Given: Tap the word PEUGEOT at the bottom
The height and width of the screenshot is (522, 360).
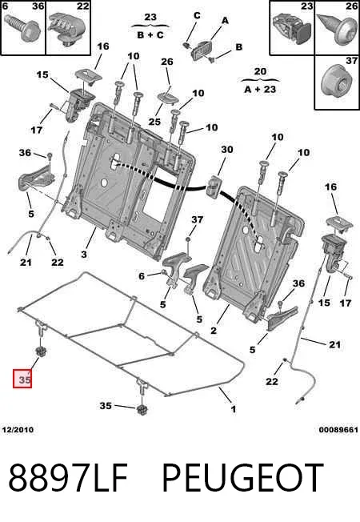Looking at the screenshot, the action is coord(242,478).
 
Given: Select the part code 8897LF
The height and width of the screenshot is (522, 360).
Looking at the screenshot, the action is coord(68,478).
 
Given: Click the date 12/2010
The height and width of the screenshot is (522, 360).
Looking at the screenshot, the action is coord(18,430).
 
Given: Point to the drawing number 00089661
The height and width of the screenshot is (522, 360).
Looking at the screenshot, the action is coord(338,430).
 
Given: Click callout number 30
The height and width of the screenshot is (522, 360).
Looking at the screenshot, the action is coord(227,150).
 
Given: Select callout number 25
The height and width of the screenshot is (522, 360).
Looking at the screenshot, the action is coord(154,122).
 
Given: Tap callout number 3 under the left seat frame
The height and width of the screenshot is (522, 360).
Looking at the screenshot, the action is coord(84,255).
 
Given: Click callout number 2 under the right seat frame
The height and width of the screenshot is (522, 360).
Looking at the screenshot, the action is coord(214,330).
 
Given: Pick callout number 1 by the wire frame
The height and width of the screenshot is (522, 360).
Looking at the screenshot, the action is coord(234,409).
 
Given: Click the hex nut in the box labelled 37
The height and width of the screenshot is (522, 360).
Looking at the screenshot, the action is coord(336,82).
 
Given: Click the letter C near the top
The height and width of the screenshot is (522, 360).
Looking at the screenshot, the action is coord(197,16).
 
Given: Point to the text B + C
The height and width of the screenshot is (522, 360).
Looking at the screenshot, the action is coord(150,34).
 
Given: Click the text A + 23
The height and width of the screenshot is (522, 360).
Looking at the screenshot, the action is coord(260,89).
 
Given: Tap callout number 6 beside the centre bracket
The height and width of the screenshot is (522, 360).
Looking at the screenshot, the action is coord(142,276).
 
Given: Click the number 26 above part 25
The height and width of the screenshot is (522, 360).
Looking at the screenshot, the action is coord(167,62).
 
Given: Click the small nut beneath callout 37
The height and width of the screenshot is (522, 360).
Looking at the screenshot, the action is coord(188,239).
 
